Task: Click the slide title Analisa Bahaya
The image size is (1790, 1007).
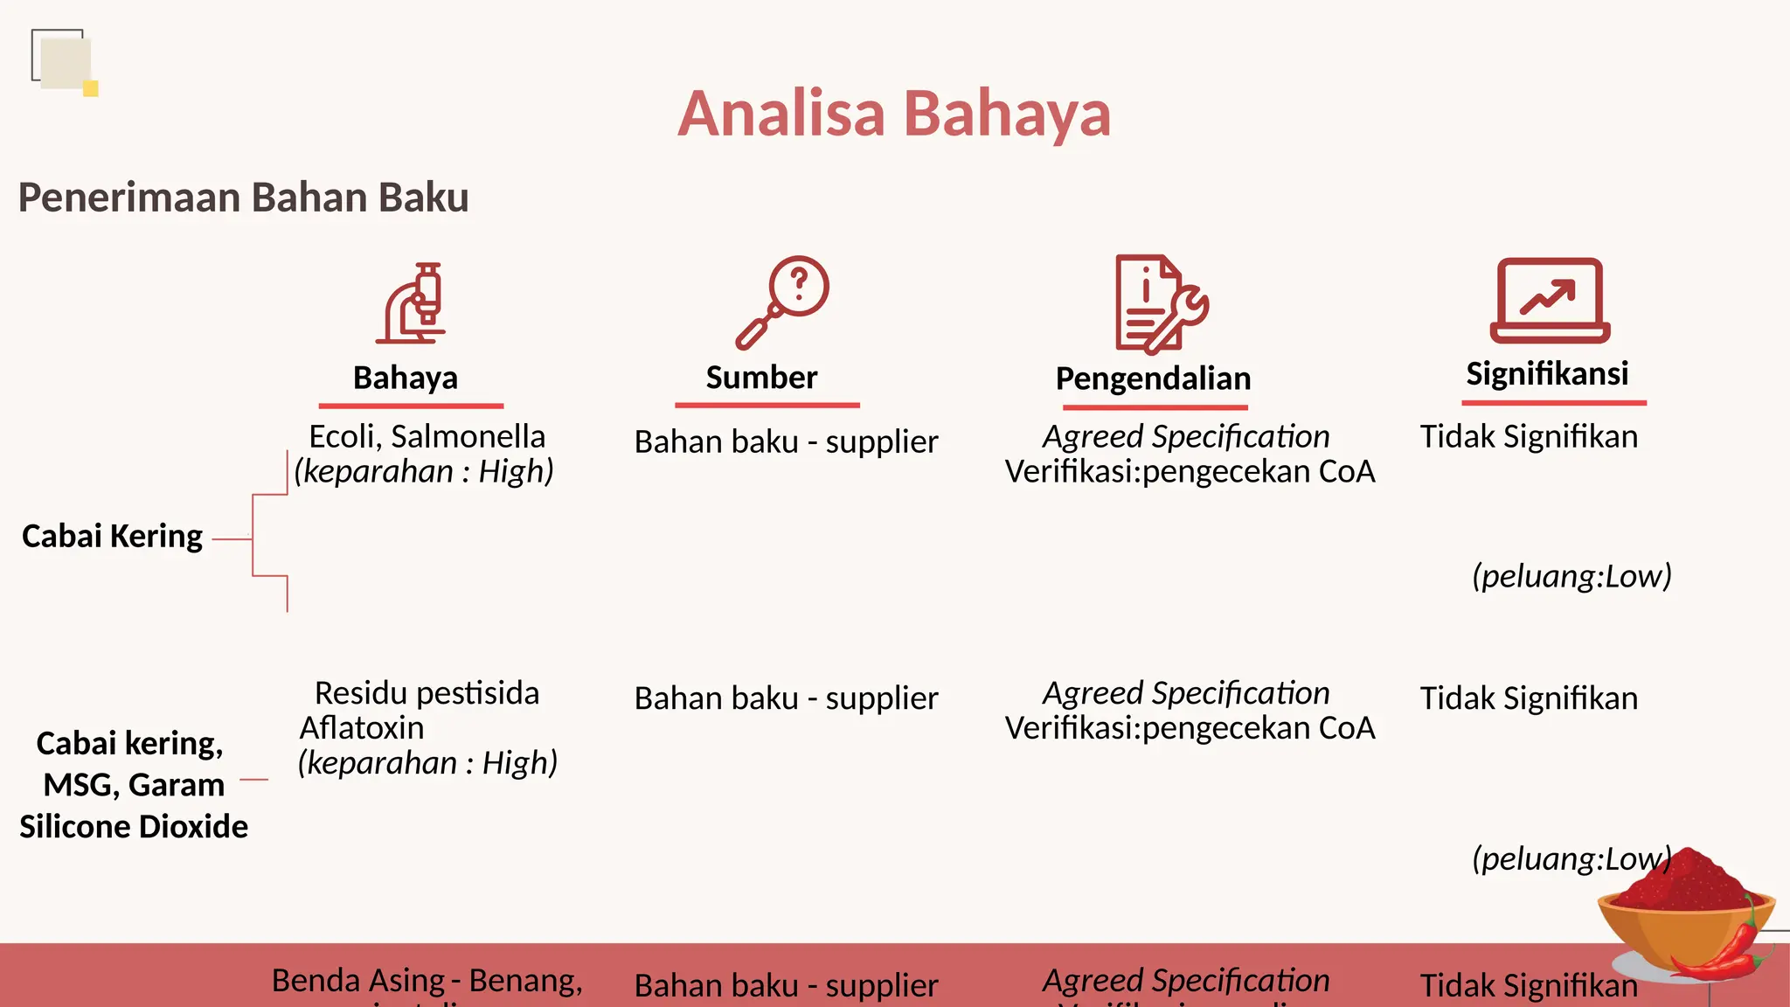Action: coord(894,114)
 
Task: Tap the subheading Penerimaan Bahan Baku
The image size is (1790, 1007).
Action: coord(243,198)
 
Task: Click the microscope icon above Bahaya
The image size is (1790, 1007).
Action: coord(412,303)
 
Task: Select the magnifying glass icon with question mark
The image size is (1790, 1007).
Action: coord(781,302)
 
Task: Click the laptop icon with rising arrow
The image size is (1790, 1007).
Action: coord(1550,301)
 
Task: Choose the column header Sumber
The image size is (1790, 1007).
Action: coord(761,378)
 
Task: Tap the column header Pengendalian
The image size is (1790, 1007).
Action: coord(1153,378)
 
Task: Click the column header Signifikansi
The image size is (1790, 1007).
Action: coord(1547,373)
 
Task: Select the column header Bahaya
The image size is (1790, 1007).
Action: coord(406,378)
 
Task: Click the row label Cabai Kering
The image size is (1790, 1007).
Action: coord(112,536)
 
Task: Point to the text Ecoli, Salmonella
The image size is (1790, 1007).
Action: coord(427,436)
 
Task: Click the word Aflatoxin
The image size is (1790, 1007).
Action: coord(362,727)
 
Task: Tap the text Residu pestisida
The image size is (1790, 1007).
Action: coord(427,693)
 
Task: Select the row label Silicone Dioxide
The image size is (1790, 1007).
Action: coord(134,826)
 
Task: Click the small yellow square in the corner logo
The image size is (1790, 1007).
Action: coord(90,88)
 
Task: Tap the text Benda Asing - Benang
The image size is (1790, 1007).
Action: coord(427,981)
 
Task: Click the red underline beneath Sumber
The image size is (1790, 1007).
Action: coord(767,406)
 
